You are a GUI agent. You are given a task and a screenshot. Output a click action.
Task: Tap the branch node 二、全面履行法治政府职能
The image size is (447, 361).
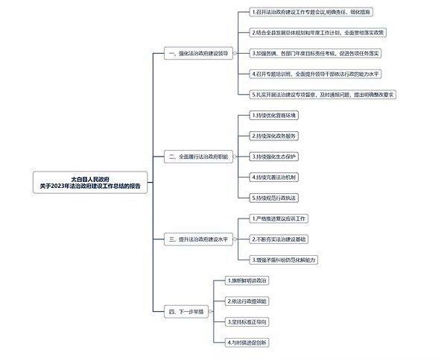(199, 157)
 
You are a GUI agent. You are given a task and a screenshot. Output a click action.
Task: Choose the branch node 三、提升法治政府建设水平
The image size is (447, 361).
(198, 239)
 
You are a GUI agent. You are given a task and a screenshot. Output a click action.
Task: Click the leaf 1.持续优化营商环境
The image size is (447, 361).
(275, 116)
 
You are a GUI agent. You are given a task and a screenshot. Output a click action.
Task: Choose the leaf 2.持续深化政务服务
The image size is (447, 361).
(275, 136)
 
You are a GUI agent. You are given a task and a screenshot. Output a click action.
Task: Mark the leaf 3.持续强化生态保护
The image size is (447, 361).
(275, 157)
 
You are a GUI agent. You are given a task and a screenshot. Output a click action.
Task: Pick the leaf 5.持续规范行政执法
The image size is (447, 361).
(275, 198)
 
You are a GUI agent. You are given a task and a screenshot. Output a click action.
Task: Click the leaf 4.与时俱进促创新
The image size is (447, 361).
(248, 341)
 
